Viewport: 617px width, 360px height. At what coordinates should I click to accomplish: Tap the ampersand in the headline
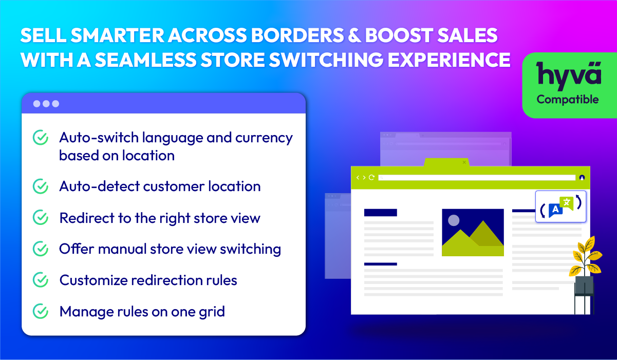pos(354,35)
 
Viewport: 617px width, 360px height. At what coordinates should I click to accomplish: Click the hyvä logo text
pos(569,75)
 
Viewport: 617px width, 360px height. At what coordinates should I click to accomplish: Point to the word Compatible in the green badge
pos(567,100)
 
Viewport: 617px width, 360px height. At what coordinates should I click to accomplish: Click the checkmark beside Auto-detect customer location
pos(41,186)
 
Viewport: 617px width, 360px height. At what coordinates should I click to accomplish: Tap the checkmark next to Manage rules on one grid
pos(41,311)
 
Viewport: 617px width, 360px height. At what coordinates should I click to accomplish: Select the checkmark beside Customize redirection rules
pos(41,280)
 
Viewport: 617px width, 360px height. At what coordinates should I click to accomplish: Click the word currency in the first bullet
pos(264,138)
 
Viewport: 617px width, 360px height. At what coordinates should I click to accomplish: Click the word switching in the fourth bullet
pos(250,249)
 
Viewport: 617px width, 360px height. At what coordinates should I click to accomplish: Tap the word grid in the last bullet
pos(212,312)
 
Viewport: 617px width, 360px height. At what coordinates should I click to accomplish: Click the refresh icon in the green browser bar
pos(371,177)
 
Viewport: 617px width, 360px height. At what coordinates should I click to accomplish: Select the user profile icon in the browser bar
pos(582,178)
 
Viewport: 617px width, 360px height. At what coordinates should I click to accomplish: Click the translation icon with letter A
pos(555,210)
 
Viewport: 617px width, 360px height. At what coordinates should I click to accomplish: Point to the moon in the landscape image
pos(454,220)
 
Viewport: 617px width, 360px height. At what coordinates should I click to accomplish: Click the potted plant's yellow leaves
pos(586,256)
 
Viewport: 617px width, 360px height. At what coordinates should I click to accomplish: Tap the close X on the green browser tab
pos(464,162)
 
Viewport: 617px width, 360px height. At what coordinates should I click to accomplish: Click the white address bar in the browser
pos(477,178)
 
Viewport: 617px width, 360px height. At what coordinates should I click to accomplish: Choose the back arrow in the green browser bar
pos(358,178)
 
